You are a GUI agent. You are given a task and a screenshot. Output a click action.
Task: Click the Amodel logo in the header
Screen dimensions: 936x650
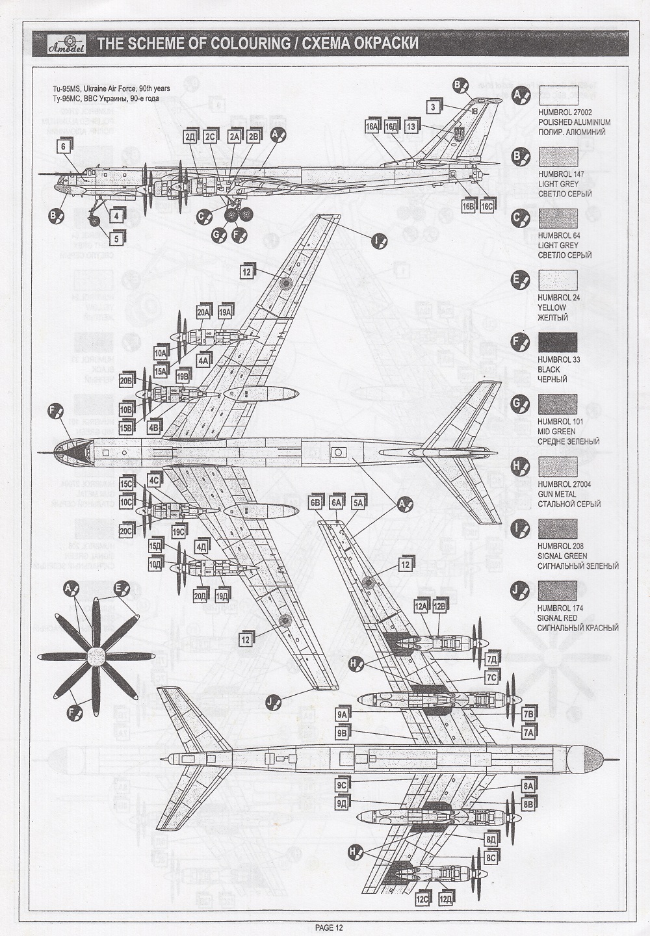[x=63, y=44]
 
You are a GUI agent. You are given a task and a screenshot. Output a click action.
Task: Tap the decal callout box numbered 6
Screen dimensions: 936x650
[x=63, y=147]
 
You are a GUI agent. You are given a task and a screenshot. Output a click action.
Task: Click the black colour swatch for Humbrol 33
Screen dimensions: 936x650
[x=557, y=342]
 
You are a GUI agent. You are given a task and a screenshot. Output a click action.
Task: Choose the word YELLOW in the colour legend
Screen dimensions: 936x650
[x=552, y=307]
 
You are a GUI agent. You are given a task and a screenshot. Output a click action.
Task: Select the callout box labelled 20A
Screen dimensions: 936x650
[x=204, y=312]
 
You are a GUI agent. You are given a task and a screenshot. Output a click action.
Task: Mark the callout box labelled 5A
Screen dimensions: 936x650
[x=358, y=502]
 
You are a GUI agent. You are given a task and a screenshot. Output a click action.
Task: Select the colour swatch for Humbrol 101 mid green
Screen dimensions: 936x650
[x=557, y=404]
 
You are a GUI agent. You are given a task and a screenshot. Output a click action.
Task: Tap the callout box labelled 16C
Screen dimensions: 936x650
[x=487, y=206]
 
